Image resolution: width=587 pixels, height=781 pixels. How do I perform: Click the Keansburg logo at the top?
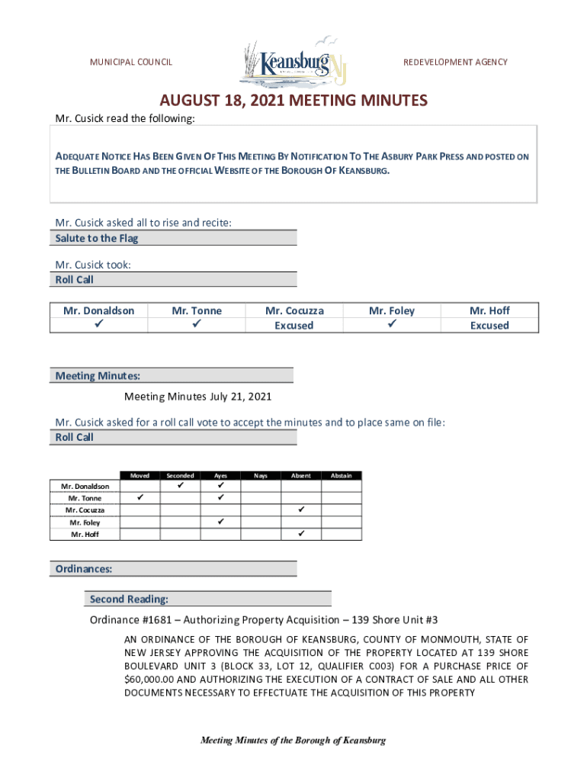point(294,61)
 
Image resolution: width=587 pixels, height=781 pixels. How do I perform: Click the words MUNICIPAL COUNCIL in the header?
point(131,62)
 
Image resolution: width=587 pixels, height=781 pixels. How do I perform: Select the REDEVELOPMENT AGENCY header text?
point(455,62)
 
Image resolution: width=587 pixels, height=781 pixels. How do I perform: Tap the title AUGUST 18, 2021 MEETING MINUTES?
point(293,101)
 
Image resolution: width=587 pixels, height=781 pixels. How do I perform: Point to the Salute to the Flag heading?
point(97,238)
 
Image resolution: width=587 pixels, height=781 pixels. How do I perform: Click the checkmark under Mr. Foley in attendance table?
point(392,325)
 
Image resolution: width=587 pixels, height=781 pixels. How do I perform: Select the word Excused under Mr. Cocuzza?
point(294,326)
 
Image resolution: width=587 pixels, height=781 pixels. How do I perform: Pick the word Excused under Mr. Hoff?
point(489,326)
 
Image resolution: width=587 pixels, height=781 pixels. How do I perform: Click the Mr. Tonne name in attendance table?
point(197,310)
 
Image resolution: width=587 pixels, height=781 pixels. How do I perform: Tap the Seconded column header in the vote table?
point(180,475)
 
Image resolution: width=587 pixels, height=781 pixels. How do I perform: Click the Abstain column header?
point(341,475)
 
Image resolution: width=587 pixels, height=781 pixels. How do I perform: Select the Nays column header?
point(261,475)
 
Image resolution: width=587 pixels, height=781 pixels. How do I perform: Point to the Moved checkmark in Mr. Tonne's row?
point(140,498)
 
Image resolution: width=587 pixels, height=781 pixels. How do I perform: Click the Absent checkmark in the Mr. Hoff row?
point(301,534)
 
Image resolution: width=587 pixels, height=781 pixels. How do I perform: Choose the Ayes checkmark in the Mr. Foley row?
point(220,522)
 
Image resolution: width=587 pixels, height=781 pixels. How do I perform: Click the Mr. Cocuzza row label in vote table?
point(85,510)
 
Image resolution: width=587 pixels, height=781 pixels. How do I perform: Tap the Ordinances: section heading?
point(84,568)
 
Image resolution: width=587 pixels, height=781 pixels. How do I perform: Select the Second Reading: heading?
point(129,599)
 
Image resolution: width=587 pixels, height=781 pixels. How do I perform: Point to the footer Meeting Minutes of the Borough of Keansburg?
point(293,741)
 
